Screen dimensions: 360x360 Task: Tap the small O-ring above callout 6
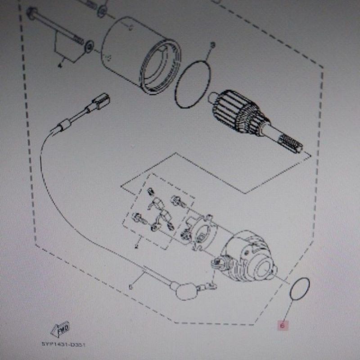[299, 288]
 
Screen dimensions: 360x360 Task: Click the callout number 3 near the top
[213, 45]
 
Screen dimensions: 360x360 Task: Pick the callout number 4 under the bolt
[59, 66]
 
